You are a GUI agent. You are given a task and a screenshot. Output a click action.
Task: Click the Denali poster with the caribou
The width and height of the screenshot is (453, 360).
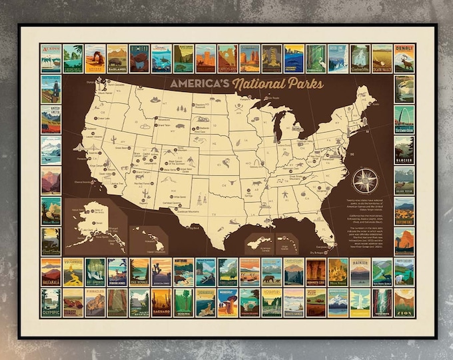pyautogui.click(x=404, y=59)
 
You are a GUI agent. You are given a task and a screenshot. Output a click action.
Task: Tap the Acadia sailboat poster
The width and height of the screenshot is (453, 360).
pyautogui.click(x=51, y=59)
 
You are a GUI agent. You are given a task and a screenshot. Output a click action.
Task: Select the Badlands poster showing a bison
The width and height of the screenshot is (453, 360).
pyautogui.click(x=117, y=59)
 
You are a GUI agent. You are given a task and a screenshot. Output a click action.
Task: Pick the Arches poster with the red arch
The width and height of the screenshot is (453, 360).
pyautogui.click(x=95, y=59)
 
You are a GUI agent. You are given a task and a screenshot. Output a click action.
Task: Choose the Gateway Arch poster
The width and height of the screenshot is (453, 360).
pyautogui.click(x=404, y=119)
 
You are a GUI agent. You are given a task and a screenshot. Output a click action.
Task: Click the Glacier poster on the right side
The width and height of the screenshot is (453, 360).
pyautogui.click(x=404, y=150)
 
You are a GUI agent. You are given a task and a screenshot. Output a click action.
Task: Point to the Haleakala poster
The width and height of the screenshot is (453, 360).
pyautogui.click(x=51, y=272)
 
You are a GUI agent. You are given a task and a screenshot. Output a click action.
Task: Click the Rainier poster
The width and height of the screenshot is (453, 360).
pyautogui.click(x=360, y=272)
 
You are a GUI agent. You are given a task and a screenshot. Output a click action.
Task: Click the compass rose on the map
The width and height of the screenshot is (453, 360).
pyautogui.click(x=365, y=181)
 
